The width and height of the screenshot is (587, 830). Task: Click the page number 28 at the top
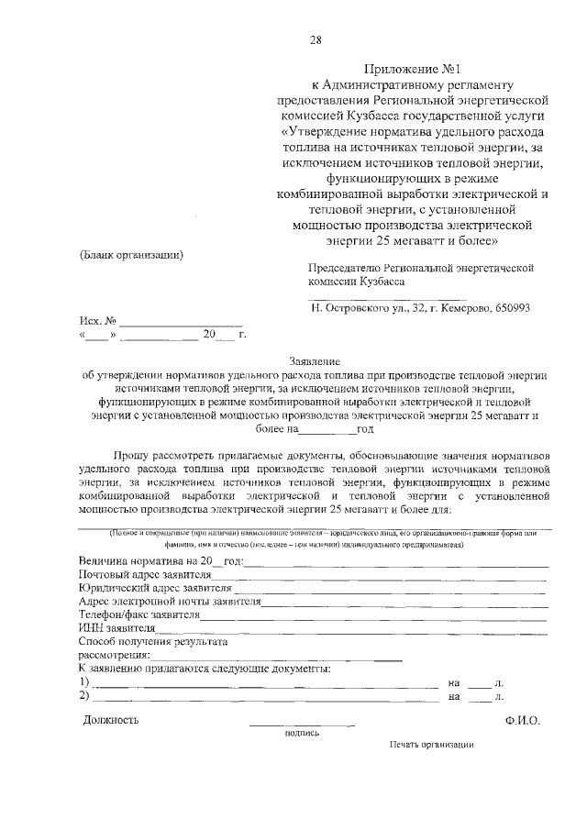[x=316, y=39]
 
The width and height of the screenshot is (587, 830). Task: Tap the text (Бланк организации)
[x=131, y=254]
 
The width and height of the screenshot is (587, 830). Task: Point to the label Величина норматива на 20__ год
[x=161, y=560]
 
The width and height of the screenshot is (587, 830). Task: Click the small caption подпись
[x=302, y=733]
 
